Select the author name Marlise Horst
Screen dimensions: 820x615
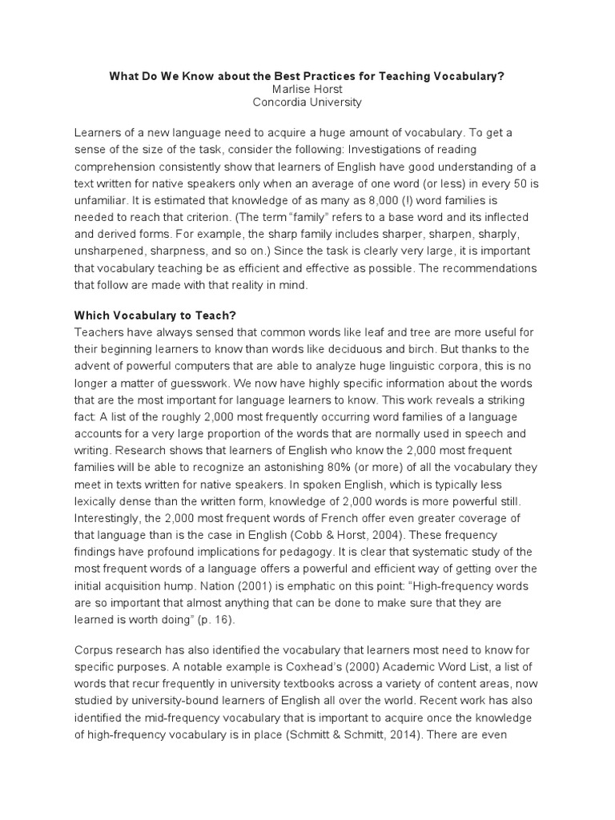point(307,89)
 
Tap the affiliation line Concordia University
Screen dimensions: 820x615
point(307,102)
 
